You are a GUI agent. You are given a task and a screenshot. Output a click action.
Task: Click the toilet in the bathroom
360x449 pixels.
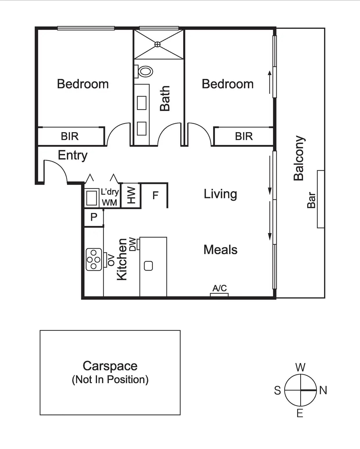(145, 71)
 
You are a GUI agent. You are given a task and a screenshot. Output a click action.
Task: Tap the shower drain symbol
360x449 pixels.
(157, 44)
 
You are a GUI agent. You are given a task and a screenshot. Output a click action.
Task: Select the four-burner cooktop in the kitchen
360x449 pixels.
(94, 259)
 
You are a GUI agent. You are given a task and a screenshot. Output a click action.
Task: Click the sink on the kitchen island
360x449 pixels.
(148, 266)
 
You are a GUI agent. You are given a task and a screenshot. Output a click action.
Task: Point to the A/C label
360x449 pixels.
(219, 288)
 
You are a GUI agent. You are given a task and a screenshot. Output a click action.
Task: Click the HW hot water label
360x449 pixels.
(131, 195)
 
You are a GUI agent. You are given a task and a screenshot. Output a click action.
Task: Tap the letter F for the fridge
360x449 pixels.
(155, 195)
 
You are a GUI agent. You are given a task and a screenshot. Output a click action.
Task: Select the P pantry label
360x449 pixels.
(94, 217)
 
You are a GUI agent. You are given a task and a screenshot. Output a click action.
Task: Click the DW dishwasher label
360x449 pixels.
(132, 244)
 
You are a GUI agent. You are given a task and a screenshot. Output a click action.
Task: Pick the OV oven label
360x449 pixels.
(111, 260)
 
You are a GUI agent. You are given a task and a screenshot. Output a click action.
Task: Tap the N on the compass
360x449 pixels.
(323, 390)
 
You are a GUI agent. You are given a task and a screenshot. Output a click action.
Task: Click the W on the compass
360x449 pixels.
(300, 367)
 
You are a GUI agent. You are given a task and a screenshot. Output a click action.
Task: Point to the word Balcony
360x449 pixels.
(299, 158)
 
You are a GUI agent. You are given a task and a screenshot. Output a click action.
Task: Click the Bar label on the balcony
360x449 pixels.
(311, 200)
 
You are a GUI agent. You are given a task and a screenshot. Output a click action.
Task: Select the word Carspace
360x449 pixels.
(110, 366)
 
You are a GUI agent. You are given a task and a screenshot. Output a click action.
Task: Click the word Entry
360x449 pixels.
(73, 155)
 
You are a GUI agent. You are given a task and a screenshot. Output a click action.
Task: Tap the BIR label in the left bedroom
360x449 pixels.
(70, 136)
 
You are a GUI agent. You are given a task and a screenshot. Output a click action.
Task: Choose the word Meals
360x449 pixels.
(220, 250)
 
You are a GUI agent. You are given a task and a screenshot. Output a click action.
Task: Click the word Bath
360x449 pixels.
(165, 98)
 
